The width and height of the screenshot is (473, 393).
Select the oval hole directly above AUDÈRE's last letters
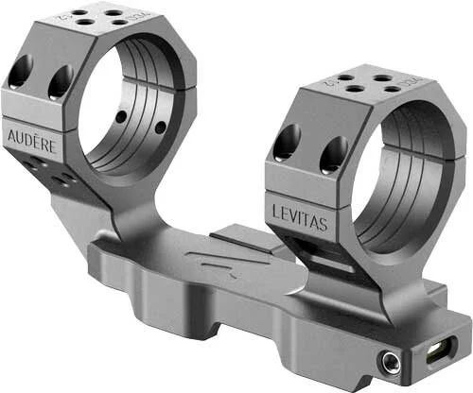(60, 82)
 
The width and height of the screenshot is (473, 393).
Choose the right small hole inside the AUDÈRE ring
(160, 127)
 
